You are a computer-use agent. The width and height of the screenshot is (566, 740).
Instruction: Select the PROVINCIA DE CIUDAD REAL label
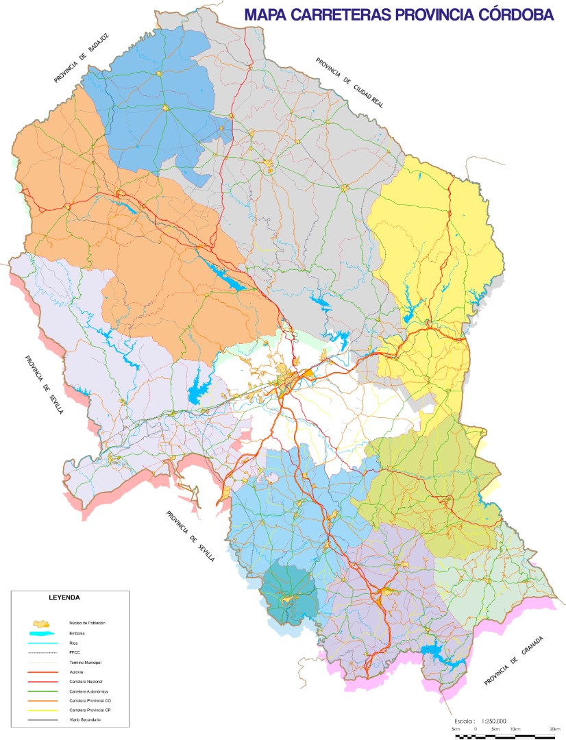tap(349, 84)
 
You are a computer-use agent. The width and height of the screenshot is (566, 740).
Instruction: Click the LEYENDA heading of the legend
tap(64, 597)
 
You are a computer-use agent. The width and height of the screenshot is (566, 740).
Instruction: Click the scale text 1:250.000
tap(493, 721)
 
